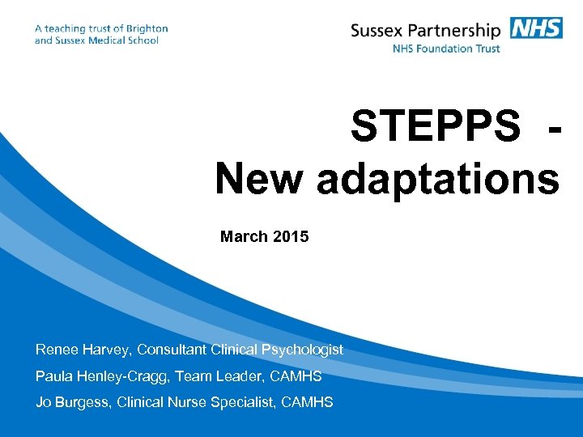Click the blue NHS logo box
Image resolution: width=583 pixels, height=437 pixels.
(x=536, y=28)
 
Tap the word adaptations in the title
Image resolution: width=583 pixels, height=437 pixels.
(x=438, y=178)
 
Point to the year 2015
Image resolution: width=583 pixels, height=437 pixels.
(x=291, y=237)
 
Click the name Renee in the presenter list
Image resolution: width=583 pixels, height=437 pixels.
(x=57, y=350)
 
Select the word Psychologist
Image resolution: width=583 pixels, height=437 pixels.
(x=302, y=350)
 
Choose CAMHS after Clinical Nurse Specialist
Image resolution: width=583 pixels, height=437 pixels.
(x=309, y=402)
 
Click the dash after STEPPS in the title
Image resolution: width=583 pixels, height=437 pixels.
(x=553, y=128)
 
